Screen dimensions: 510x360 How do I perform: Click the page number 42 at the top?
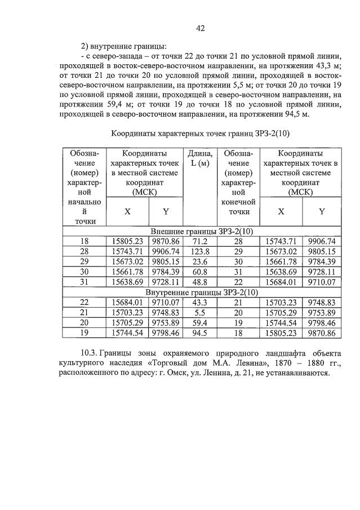pyautogui.click(x=199, y=28)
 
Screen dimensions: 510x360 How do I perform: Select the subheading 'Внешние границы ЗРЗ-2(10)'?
pyautogui.click(x=201, y=231)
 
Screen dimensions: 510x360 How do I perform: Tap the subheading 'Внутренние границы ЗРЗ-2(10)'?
pyautogui.click(x=201, y=292)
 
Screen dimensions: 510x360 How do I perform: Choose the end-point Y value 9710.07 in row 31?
pyautogui.click(x=322, y=282)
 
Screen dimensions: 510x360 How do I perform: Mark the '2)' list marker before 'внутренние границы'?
pyautogui.click(x=86, y=46)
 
